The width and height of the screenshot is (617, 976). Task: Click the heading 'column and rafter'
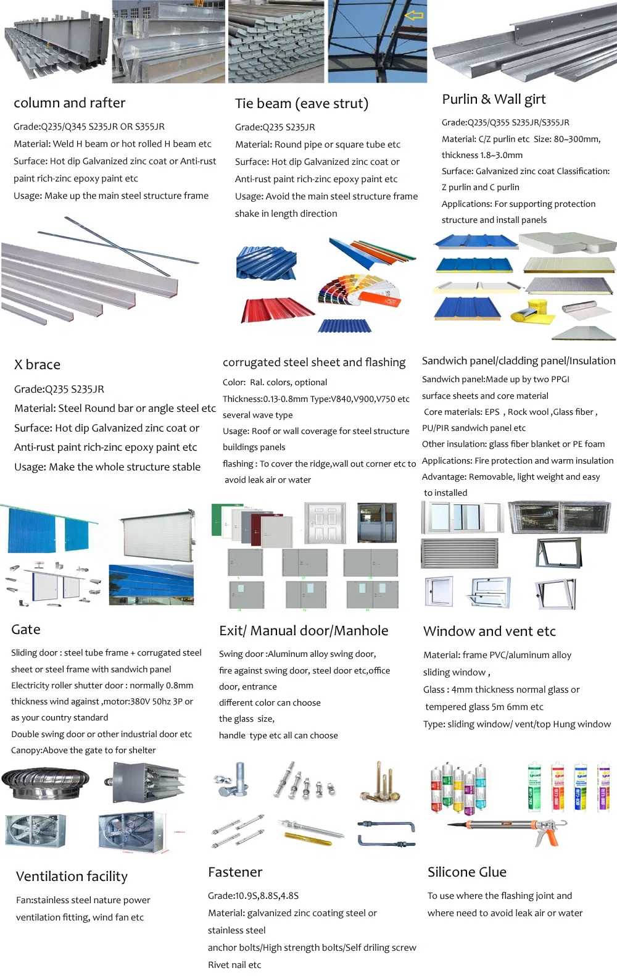(x=69, y=103)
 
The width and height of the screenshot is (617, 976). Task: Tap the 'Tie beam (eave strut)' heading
(x=301, y=104)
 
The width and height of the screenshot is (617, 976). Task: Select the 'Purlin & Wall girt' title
(x=494, y=99)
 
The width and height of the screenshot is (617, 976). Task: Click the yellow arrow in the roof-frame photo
(x=414, y=15)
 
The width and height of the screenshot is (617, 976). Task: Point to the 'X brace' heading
(x=37, y=365)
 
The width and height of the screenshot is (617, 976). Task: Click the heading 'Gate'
(x=26, y=630)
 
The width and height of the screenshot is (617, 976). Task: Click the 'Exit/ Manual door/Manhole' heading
(x=304, y=631)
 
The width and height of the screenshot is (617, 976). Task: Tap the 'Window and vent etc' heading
(x=489, y=632)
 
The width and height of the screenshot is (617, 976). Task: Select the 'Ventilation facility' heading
(x=72, y=877)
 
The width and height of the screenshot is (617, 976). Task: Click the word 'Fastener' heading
(x=235, y=872)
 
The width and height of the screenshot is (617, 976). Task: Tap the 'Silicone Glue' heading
(x=466, y=872)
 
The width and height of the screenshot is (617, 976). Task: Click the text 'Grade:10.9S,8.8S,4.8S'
(x=253, y=896)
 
